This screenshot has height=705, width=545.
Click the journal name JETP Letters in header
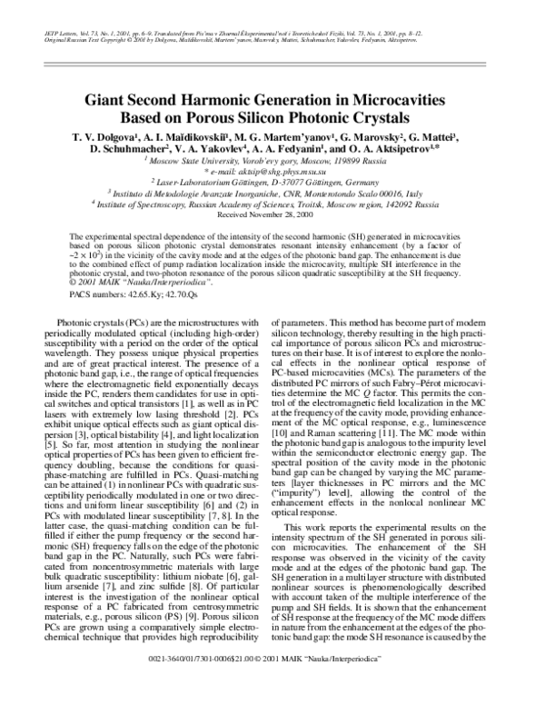point(62,33)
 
